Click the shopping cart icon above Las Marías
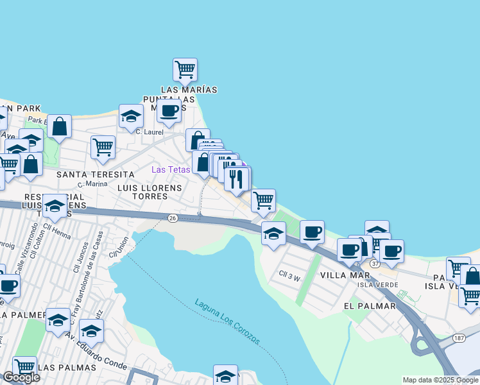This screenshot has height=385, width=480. tap(185, 69)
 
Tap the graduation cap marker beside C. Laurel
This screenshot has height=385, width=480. tap(131, 116)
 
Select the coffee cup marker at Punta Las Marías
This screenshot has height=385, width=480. tap(169, 110)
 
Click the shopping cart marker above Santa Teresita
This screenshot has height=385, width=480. tap(103, 147)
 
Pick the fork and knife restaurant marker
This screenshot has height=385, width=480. tap(237, 178)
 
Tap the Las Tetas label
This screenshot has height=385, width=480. tap(170, 169)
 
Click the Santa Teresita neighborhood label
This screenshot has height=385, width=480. tap(96, 175)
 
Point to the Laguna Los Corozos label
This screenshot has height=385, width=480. tap(228, 321)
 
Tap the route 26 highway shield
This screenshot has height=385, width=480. tap(173, 218)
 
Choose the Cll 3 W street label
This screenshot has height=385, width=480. tap(289, 277)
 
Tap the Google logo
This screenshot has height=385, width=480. tap(21, 377)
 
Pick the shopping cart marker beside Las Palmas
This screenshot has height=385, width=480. tap(24, 367)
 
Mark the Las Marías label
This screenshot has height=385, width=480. tap(189, 90)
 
